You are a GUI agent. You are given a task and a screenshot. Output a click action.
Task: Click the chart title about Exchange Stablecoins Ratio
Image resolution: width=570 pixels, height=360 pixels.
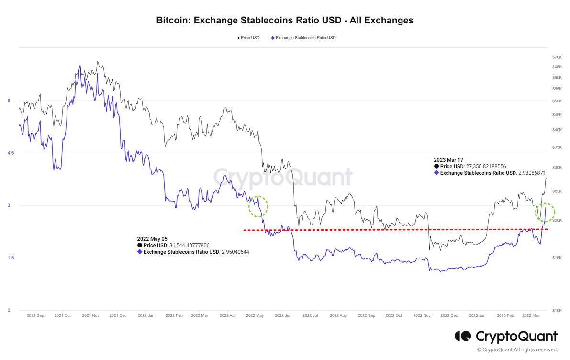point(285,21)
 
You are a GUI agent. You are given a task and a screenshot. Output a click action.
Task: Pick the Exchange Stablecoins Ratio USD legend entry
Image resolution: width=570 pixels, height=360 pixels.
point(304,38)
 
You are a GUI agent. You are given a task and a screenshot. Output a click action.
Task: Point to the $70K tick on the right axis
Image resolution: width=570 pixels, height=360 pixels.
point(557,57)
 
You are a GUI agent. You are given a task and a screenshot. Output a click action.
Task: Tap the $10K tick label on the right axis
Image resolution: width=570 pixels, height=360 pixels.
point(557,310)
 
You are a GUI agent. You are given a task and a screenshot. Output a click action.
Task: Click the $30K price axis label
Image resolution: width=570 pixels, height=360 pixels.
point(557,168)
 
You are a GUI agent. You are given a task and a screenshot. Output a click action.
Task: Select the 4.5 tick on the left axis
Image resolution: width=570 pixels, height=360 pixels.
point(9,153)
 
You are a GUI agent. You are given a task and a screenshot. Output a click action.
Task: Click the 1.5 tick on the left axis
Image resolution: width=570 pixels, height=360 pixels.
point(9,258)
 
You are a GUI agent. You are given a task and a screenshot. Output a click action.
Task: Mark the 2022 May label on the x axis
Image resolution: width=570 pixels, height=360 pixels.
point(255,316)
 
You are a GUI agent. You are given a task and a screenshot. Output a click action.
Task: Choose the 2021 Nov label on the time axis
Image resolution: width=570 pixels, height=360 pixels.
point(90,316)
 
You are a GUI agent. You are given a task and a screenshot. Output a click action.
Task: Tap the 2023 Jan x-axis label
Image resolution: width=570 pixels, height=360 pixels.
point(477,316)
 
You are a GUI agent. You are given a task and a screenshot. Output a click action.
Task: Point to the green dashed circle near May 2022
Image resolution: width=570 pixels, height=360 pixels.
point(258,206)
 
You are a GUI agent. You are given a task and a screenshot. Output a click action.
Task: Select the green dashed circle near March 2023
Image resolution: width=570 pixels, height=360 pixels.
point(545,212)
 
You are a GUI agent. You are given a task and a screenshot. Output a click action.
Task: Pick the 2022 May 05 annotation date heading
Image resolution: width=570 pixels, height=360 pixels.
point(152,238)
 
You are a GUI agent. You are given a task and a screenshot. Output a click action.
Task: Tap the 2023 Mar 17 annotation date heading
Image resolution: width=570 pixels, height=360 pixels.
point(448,160)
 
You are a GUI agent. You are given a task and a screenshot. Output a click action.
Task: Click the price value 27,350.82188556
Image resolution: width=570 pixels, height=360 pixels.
point(486,166)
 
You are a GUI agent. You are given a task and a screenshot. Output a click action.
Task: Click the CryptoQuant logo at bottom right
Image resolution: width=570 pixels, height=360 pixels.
point(506,337)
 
